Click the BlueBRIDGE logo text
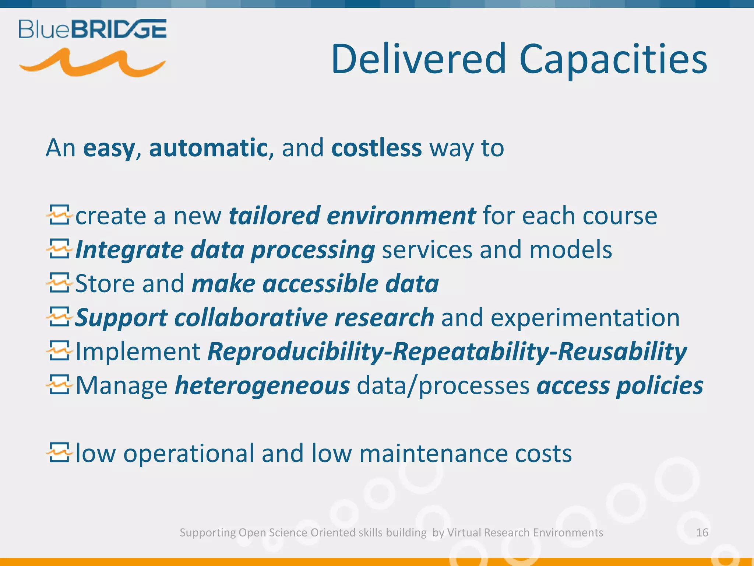point(92,29)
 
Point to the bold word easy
point(109,148)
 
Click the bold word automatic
point(208,148)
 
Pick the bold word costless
point(376,148)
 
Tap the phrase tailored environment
point(352,216)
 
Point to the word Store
point(105,284)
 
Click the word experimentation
point(585,318)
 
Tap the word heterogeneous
point(262,386)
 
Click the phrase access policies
point(620,386)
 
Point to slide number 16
point(702,532)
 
